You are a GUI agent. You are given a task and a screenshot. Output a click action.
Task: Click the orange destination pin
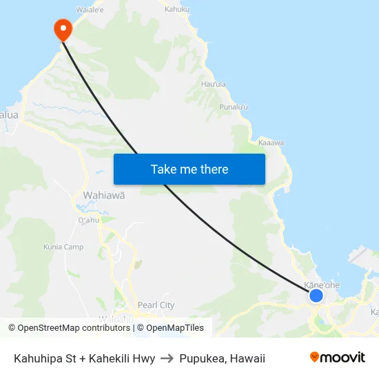[x=63, y=29]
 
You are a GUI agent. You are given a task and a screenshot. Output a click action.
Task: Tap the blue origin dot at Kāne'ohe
[x=316, y=296]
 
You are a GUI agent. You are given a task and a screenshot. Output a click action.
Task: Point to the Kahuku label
[x=178, y=10]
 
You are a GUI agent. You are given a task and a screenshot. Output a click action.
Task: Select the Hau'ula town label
[x=213, y=84]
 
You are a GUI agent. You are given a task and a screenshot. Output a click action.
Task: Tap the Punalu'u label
[x=234, y=107]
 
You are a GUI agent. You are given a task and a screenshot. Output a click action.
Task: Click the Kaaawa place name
[x=271, y=143]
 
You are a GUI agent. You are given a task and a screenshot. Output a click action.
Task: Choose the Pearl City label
[x=156, y=305]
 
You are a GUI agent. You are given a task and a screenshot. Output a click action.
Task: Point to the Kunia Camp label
[x=63, y=247]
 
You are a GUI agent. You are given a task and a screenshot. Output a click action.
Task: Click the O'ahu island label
[x=89, y=221]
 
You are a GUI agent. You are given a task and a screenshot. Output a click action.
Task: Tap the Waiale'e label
[x=90, y=10]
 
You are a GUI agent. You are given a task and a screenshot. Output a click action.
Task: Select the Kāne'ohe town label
[x=322, y=285]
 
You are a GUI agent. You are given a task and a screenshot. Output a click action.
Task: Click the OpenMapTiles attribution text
[x=175, y=328]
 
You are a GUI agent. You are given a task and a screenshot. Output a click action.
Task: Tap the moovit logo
[x=337, y=358]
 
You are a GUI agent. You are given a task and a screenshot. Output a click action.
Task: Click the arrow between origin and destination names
[x=167, y=358]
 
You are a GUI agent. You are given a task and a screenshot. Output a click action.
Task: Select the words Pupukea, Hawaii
[x=222, y=358]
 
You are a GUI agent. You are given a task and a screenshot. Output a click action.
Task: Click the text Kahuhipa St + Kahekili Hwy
[x=84, y=358]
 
